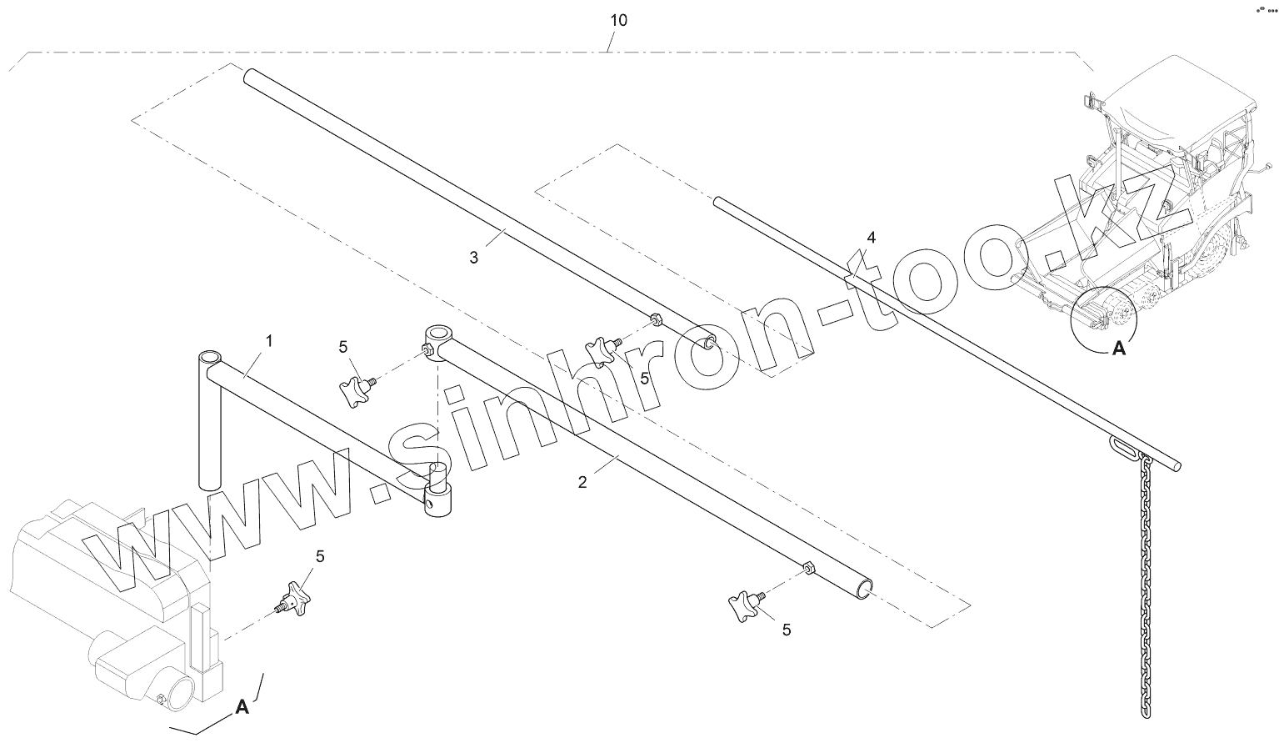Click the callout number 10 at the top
tap(618, 20)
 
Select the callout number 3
tap(473, 258)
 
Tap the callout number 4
tap(871, 238)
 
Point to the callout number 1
tap(269, 340)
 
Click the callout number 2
tap(582, 482)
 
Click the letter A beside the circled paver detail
tap(1119, 349)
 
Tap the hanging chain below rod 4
tap(1147, 584)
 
